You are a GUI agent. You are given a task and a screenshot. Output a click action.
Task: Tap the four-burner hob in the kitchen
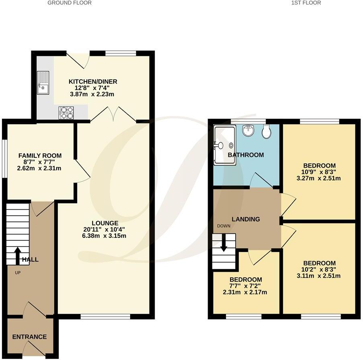(66, 113)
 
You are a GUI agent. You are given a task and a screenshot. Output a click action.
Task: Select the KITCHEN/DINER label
(93, 82)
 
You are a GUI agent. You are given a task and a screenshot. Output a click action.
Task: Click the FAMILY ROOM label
(40, 155)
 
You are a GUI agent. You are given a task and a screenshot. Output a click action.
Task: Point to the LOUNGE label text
(105, 223)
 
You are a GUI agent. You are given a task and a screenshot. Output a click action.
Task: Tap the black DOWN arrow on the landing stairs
(224, 244)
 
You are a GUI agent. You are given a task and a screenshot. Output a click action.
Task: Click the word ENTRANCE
(29, 337)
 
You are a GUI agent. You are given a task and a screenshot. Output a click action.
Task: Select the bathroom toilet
(265, 131)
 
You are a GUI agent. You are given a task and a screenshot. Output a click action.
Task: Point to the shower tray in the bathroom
(224, 145)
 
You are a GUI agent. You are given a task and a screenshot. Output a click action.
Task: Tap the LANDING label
(246, 219)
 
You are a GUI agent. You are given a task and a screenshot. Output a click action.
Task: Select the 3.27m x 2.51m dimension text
(319, 178)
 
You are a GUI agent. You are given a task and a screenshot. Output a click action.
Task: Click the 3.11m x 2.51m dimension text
(319, 276)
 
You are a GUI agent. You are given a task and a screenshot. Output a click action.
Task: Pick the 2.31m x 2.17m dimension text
(246, 292)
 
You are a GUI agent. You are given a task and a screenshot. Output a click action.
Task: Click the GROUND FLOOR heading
(69, 3)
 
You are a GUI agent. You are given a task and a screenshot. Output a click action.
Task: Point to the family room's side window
(5, 158)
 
